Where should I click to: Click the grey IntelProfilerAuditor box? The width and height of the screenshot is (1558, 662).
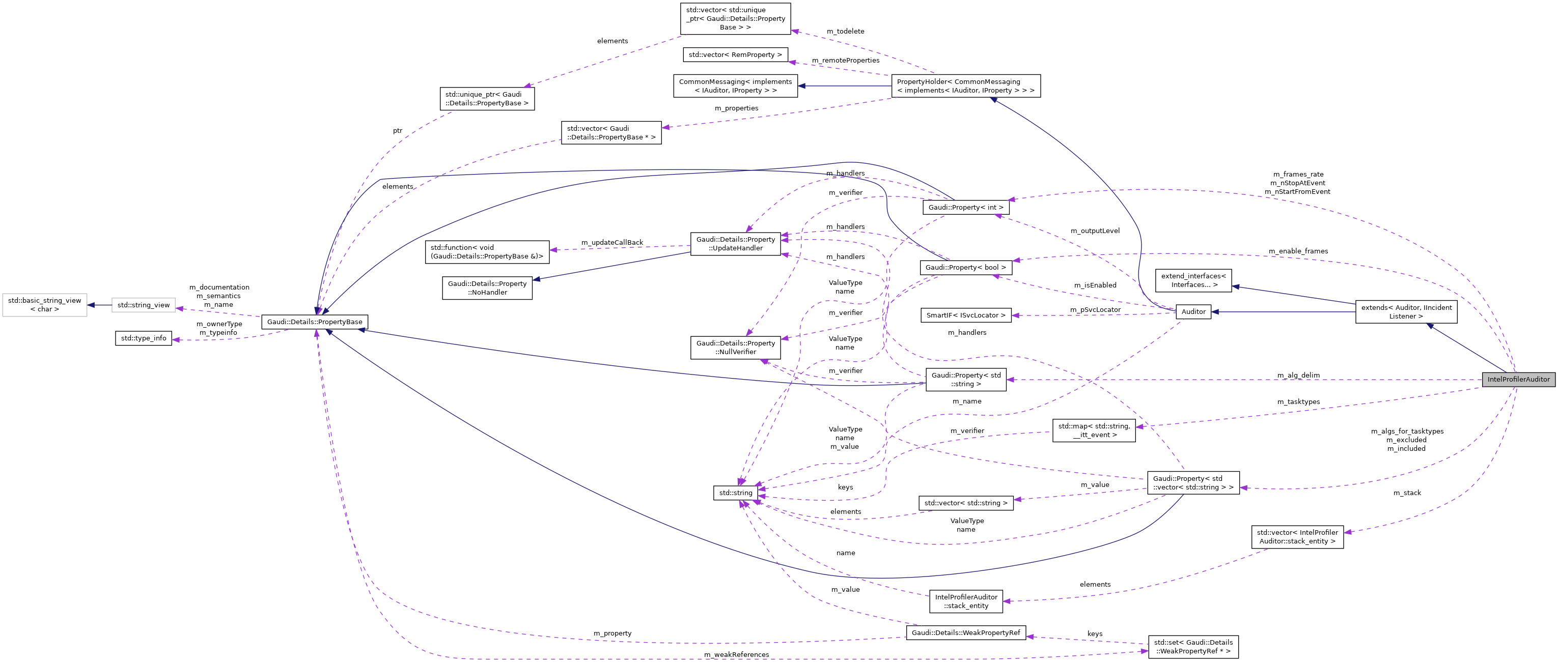pos(1518,380)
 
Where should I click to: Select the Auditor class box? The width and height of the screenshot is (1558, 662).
pos(1193,312)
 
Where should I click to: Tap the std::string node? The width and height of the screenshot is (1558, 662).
pos(735,493)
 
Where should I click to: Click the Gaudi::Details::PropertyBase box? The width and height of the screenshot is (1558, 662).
pos(315,322)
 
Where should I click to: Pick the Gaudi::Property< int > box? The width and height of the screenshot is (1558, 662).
pos(965,208)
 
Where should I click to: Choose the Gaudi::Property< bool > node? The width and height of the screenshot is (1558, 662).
pos(965,267)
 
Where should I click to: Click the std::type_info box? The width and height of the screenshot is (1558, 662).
pos(144,338)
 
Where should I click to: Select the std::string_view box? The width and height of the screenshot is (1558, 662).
pos(144,305)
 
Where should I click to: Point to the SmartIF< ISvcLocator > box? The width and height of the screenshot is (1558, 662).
pos(965,315)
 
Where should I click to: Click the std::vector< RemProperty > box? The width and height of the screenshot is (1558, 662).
pos(735,55)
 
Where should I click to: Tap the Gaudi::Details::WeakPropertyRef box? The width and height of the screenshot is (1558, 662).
pos(965,632)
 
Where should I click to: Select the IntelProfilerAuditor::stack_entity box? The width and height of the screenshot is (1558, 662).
pos(965,601)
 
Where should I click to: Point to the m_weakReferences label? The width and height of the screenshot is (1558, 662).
pos(736,655)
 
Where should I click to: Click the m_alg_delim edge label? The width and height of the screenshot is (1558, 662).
pos(1298,376)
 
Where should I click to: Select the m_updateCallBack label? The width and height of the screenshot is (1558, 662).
pos(612,242)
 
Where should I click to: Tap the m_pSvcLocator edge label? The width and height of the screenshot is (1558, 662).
pos(1095,309)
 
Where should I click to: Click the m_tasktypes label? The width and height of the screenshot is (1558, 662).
pos(1298,401)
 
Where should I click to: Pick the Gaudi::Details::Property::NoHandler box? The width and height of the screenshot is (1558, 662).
pos(487,288)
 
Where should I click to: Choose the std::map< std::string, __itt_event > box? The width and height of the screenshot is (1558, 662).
pos(1094,430)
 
